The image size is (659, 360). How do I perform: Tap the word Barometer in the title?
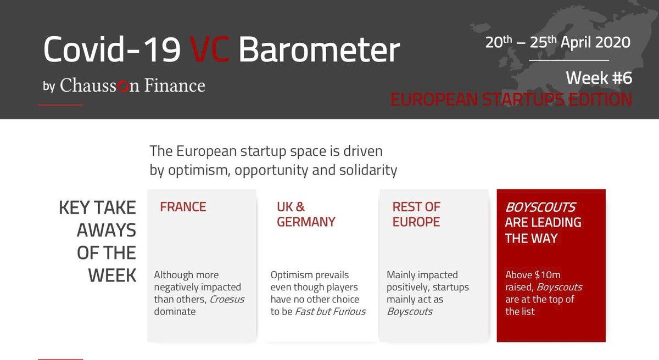320,51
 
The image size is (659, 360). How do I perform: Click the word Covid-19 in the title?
112,51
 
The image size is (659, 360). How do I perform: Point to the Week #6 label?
599,78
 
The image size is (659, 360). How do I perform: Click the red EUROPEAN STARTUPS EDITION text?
511,100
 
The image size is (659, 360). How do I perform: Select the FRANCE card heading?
183,207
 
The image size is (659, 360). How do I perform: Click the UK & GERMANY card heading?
306,215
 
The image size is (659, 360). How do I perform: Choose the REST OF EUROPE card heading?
416,215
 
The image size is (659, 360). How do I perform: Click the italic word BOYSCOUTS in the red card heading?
540,207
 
